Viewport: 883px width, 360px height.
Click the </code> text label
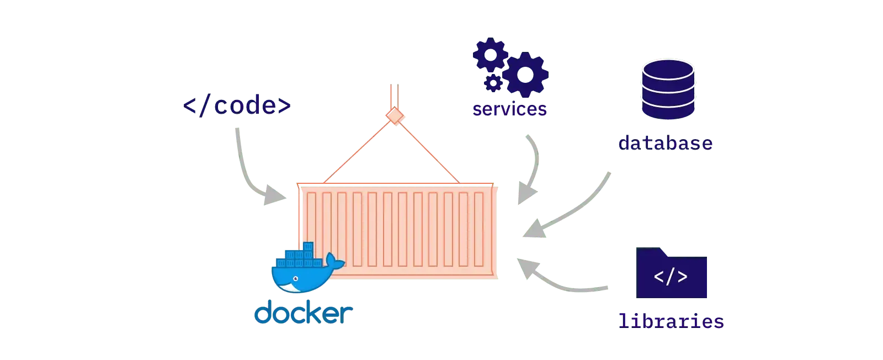(236, 106)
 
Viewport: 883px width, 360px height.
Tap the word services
(509, 109)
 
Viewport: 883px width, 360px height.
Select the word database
(666, 143)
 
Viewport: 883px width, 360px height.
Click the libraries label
(671, 321)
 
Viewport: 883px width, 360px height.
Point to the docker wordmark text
(302, 313)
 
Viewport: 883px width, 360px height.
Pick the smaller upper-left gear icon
(490, 54)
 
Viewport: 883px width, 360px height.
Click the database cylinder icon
(667, 88)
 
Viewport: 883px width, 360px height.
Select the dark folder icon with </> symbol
(672, 274)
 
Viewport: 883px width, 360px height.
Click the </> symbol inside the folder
(671, 277)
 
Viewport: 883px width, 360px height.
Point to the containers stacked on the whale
(298, 256)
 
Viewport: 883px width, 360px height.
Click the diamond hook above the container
(395, 117)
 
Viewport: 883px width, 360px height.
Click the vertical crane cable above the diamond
(395, 97)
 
